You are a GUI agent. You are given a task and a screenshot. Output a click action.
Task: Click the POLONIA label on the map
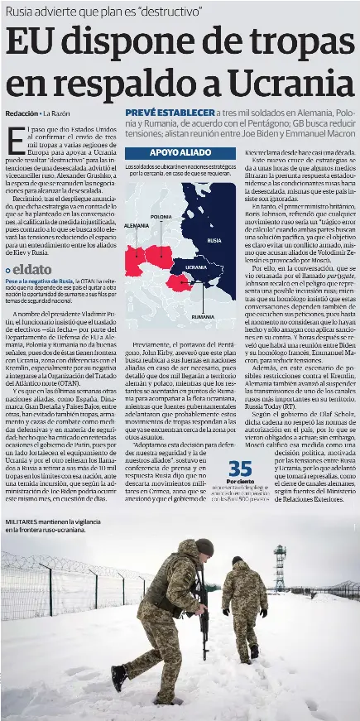pos(162,217)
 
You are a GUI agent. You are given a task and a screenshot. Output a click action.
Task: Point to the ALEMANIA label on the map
pos(137,225)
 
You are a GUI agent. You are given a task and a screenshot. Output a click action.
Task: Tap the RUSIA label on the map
pos(214,240)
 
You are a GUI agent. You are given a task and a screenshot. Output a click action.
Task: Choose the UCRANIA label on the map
pos(196,267)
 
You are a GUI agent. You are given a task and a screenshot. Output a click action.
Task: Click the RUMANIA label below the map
pos(203,317)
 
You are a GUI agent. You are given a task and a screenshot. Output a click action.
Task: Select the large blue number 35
pos(240,469)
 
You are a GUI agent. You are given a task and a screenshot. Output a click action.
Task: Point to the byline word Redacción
pos(22,113)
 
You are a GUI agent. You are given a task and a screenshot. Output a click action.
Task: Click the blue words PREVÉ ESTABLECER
pos(170,112)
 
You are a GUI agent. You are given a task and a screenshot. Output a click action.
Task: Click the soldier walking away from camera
pos(245,596)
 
